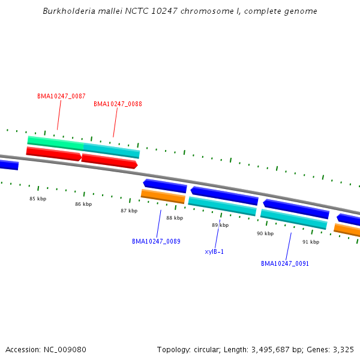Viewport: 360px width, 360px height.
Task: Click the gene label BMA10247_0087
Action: coord(61,96)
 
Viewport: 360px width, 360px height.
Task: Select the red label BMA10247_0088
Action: coord(118,104)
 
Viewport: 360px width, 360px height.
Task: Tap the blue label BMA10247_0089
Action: coord(156,241)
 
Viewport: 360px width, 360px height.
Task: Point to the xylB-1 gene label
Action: coord(214,251)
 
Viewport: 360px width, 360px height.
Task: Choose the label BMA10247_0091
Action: coord(285,263)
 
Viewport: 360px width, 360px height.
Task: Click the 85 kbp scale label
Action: coord(38,199)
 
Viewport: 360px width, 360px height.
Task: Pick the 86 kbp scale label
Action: coord(83,204)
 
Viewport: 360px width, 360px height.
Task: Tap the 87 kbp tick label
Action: coord(129,211)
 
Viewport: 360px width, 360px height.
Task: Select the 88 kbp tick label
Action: coord(175,218)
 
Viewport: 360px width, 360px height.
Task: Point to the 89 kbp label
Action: coord(220,225)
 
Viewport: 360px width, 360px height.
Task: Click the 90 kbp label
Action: coord(265,233)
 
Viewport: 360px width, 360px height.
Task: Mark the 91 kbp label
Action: coord(311,242)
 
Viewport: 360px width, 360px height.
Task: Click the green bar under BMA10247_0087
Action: coord(56,142)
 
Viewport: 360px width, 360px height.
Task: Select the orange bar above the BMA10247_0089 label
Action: coord(163,196)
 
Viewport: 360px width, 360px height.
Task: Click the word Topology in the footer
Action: coord(173,349)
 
